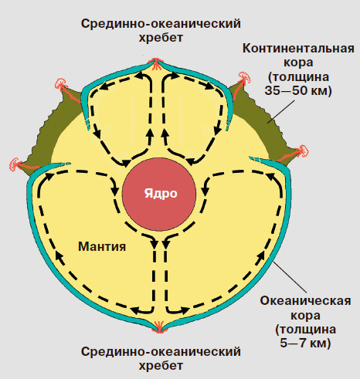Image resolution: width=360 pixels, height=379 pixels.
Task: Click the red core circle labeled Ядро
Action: click(159, 195)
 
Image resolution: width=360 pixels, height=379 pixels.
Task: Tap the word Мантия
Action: click(102, 246)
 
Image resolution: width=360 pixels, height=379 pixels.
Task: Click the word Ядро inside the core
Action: click(161, 194)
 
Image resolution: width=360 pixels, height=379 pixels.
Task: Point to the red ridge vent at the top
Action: click(155, 64)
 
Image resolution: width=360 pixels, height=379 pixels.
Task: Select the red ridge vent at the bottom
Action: click(158, 327)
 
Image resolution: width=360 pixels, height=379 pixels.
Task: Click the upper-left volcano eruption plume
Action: click(61, 83)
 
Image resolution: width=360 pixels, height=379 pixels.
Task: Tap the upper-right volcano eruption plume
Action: click(244, 77)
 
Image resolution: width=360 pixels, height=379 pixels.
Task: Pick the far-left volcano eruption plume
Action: click(15, 164)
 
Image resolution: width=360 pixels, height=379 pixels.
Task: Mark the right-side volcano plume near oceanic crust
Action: click(302, 151)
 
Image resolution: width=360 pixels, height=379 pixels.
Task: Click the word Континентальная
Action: click(298, 49)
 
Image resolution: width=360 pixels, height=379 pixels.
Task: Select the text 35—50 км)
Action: click(298, 90)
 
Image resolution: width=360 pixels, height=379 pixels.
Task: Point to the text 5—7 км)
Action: click(305, 343)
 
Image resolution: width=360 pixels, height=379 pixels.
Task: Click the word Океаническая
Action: click(305, 301)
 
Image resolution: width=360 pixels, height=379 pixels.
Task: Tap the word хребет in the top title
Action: click(161, 38)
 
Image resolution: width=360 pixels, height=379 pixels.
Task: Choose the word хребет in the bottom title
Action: click(161, 366)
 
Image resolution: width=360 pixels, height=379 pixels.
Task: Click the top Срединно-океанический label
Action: click(161, 24)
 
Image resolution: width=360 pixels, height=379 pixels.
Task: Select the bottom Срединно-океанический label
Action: click(161, 351)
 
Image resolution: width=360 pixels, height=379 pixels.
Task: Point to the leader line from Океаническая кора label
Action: click(290, 276)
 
